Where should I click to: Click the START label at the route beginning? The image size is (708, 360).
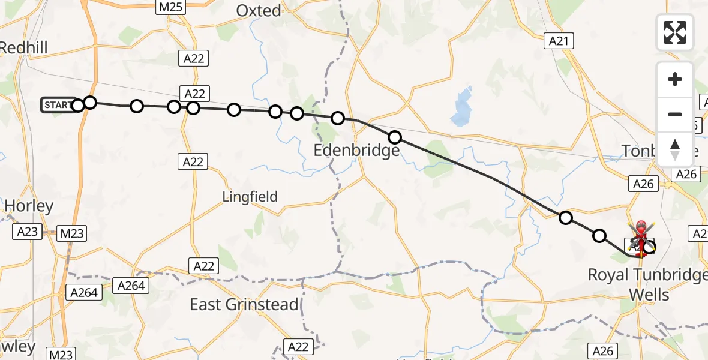59,105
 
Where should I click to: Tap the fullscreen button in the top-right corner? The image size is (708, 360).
675,32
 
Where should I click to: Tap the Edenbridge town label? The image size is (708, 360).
356,150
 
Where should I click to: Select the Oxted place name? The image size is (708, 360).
259,11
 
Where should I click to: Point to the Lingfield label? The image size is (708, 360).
250,196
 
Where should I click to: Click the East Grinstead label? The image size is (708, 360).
244,304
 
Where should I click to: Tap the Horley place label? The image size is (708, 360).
29,206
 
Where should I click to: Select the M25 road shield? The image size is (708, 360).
171,7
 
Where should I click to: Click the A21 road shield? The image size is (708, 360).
559,41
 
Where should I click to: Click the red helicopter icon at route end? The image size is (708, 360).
641,237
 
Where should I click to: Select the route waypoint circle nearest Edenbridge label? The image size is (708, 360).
394,137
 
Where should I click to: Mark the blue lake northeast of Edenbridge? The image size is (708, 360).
463,108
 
